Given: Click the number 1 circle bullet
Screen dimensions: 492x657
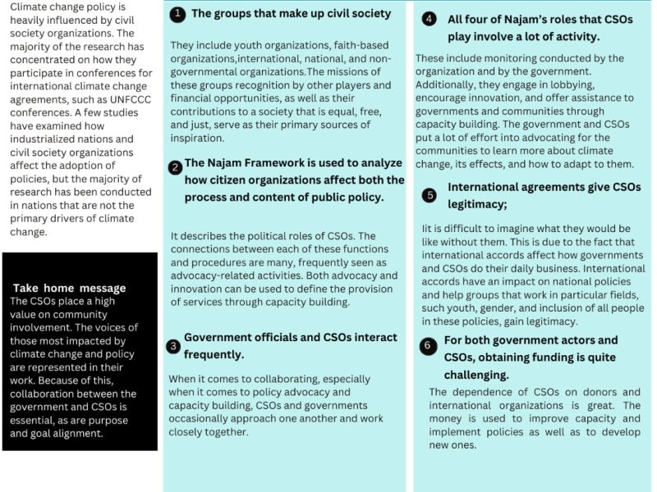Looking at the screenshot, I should tap(177, 15).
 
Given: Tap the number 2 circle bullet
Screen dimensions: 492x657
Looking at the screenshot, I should tap(175, 168).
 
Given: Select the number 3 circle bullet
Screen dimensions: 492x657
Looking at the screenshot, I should tap(173, 346).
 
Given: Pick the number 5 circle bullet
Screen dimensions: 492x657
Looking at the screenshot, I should tap(430, 195).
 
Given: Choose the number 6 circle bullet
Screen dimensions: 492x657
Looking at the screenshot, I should tap(427, 346).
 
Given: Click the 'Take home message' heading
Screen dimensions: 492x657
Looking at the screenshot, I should tap(70, 288).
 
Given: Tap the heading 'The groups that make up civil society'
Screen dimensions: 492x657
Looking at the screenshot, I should tap(291, 14).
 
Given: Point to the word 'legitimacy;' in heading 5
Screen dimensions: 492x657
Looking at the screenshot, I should tap(477, 204).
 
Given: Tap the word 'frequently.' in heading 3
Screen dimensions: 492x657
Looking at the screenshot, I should tap(214, 355).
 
